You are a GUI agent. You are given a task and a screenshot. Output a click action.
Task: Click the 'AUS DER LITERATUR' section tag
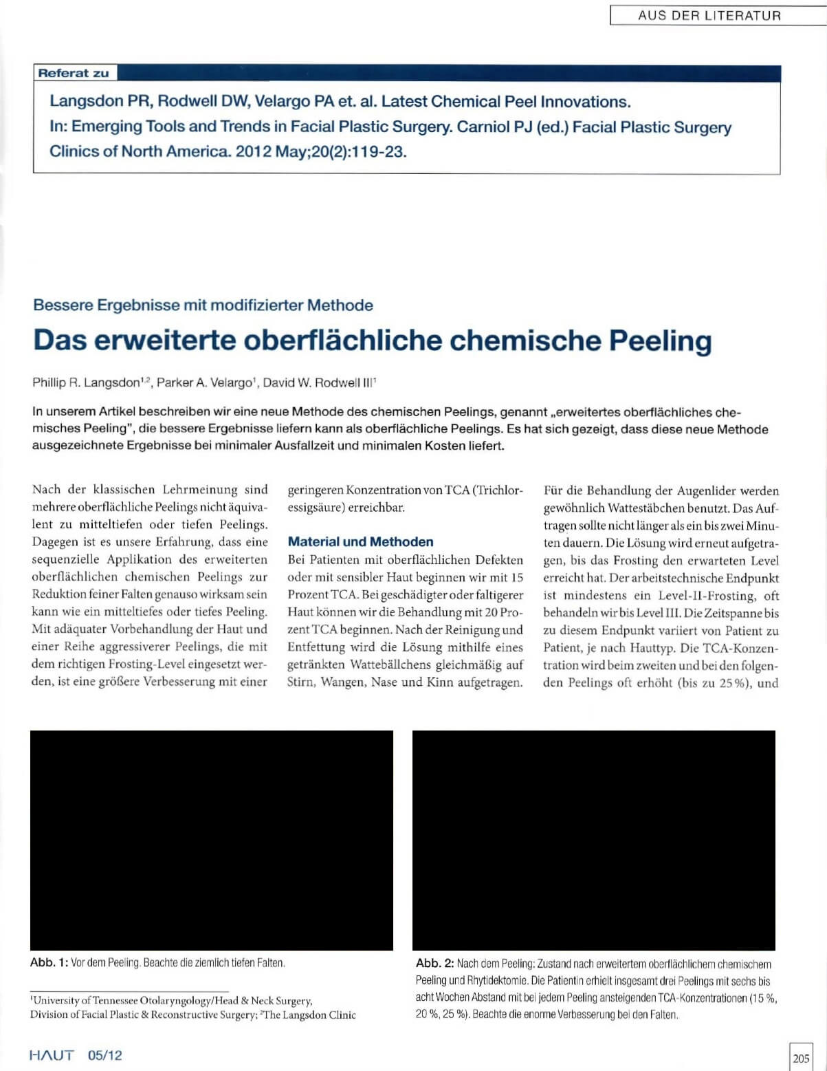709,15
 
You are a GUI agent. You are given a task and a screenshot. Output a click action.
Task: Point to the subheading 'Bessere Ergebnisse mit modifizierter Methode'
203,305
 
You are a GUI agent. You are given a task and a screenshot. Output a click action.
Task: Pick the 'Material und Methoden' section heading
360,542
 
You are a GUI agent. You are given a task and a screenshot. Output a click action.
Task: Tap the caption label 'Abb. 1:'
49,962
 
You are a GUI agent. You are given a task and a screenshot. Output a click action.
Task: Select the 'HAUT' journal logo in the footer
52,1055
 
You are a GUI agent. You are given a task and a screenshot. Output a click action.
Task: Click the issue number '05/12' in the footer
105,1055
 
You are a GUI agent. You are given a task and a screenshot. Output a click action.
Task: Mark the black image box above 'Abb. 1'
212,840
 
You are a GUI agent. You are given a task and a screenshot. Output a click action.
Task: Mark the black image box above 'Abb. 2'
594,840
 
